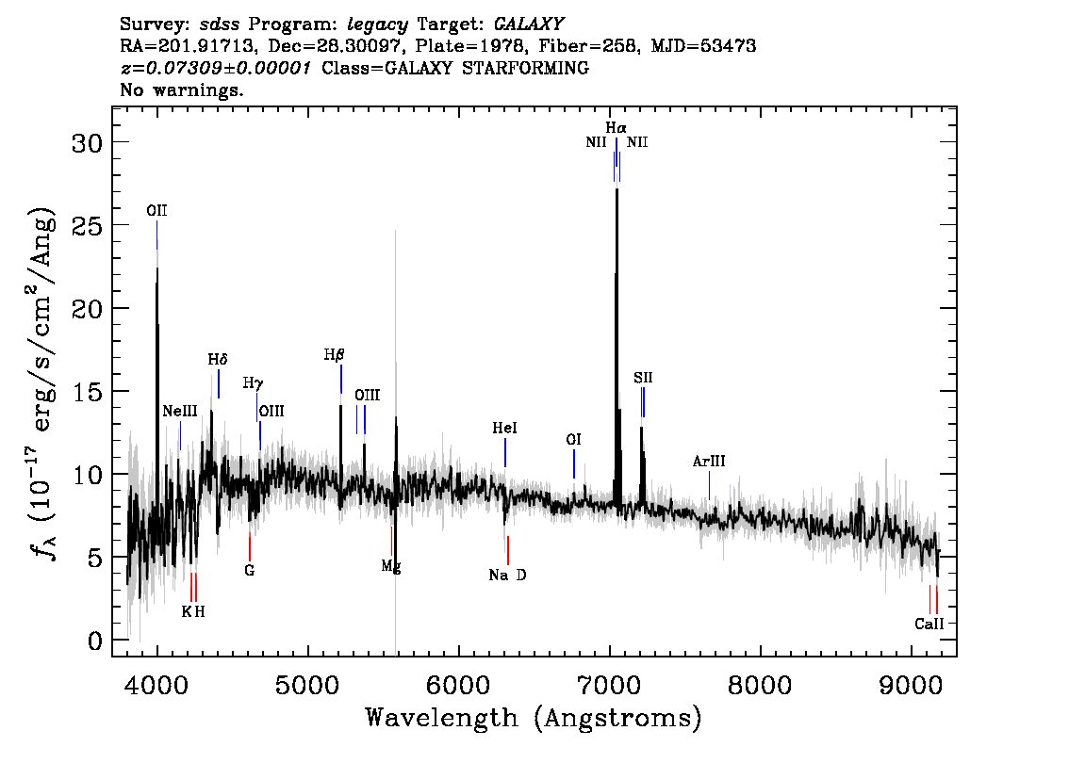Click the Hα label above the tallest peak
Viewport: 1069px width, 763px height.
pyautogui.click(x=616, y=127)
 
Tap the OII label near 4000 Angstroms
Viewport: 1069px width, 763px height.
pyautogui.click(x=156, y=210)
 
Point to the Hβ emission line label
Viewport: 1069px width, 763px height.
pyautogui.click(x=334, y=355)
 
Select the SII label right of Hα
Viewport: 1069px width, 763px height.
pyautogui.click(x=643, y=378)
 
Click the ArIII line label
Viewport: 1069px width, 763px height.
pyautogui.click(x=709, y=462)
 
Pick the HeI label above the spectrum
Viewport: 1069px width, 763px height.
pyautogui.click(x=504, y=428)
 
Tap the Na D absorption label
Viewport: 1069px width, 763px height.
pyautogui.click(x=507, y=575)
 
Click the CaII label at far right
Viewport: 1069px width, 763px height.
pyautogui.click(x=929, y=624)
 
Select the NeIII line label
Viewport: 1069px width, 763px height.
pyautogui.click(x=180, y=411)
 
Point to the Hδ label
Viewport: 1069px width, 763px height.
pyautogui.click(x=218, y=359)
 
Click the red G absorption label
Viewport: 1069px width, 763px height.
pyautogui.click(x=250, y=570)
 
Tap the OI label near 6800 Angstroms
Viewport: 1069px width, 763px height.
pyautogui.click(x=573, y=439)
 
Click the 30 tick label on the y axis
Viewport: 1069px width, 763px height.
pyautogui.click(x=88, y=142)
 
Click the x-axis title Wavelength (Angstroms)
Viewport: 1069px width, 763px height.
pyautogui.click(x=534, y=718)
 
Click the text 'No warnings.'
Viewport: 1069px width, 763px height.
pyautogui.click(x=181, y=89)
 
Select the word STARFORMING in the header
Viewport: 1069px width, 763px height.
pyautogui.click(x=526, y=68)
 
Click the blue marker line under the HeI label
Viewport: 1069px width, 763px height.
pyautogui.click(x=505, y=453)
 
